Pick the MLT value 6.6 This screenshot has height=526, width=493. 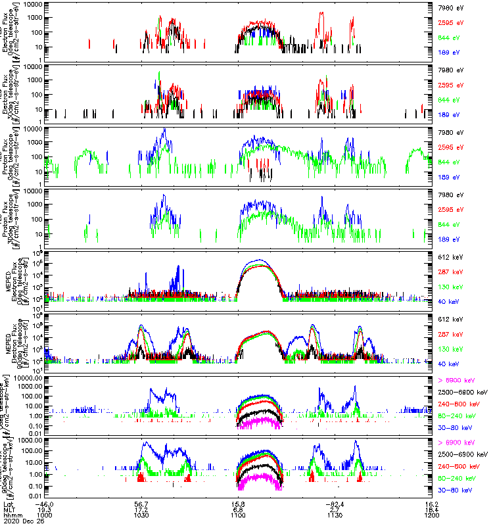click(239, 509)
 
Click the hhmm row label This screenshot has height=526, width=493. click(12, 515)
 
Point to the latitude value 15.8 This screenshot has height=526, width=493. click(239, 503)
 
